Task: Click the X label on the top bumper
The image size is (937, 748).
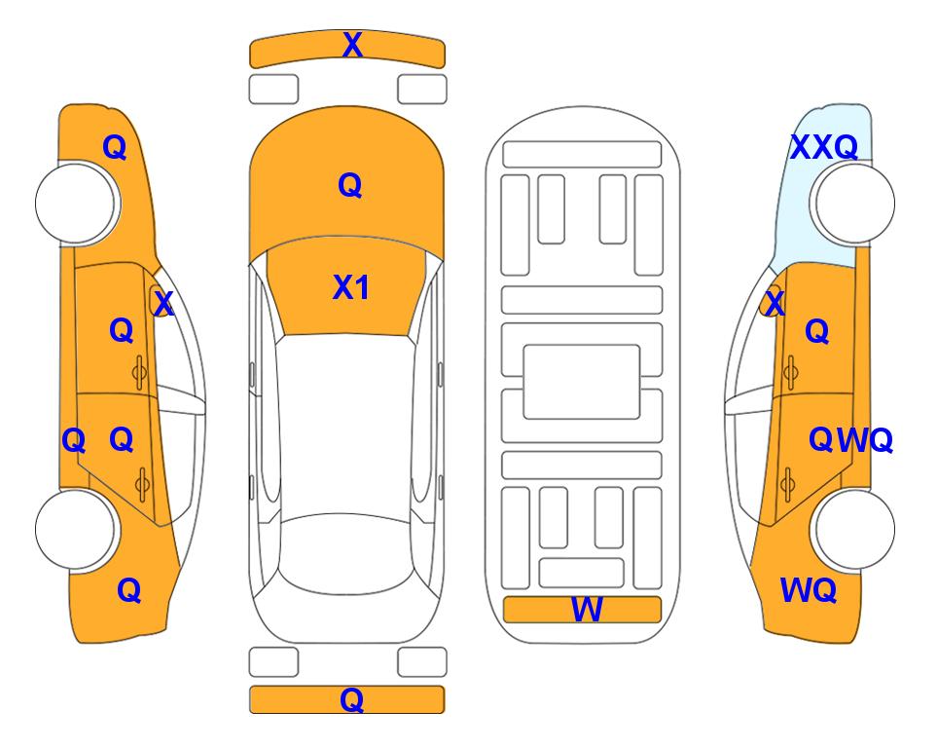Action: click(x=352, y=45)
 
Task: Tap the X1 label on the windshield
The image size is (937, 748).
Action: click(x=351, y=287)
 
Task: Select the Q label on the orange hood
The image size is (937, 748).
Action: click(x=350, y=185)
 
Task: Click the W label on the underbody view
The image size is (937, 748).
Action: click(x=587, y=609)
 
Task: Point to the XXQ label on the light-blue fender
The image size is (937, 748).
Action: click(x=824, y=147)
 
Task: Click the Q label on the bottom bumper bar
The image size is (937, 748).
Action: click(x=352, y=699)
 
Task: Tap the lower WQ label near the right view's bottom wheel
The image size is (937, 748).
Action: click(x=809, y=590)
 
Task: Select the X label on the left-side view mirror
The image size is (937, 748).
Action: click(x=163, y=303)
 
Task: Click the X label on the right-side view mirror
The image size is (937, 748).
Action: click(x=775, y=303)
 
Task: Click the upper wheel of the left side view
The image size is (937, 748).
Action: click(x=76, y=203)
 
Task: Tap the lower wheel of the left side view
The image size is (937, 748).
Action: click(x=76, y=529)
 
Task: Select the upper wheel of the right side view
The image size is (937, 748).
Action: click(x=854, y=203)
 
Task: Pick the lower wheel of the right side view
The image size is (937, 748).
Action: click(x=854, y=529)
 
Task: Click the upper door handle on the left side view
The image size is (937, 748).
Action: click(x=139, y=372)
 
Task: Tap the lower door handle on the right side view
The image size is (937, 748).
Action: click(x=789, y=484)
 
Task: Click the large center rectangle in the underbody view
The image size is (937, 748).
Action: click(x=582, y=382)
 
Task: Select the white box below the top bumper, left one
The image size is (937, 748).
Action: click(x=273, y=90)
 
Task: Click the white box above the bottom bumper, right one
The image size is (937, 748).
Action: click(x=422, y=661)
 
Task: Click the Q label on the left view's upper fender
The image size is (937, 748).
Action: click(x=115, y=147)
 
